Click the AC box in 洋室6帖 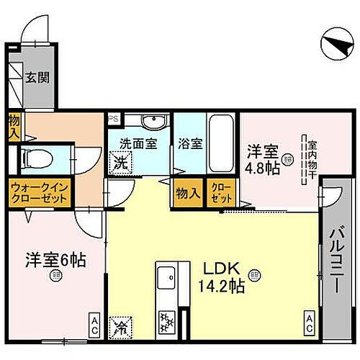pos(94,322)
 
